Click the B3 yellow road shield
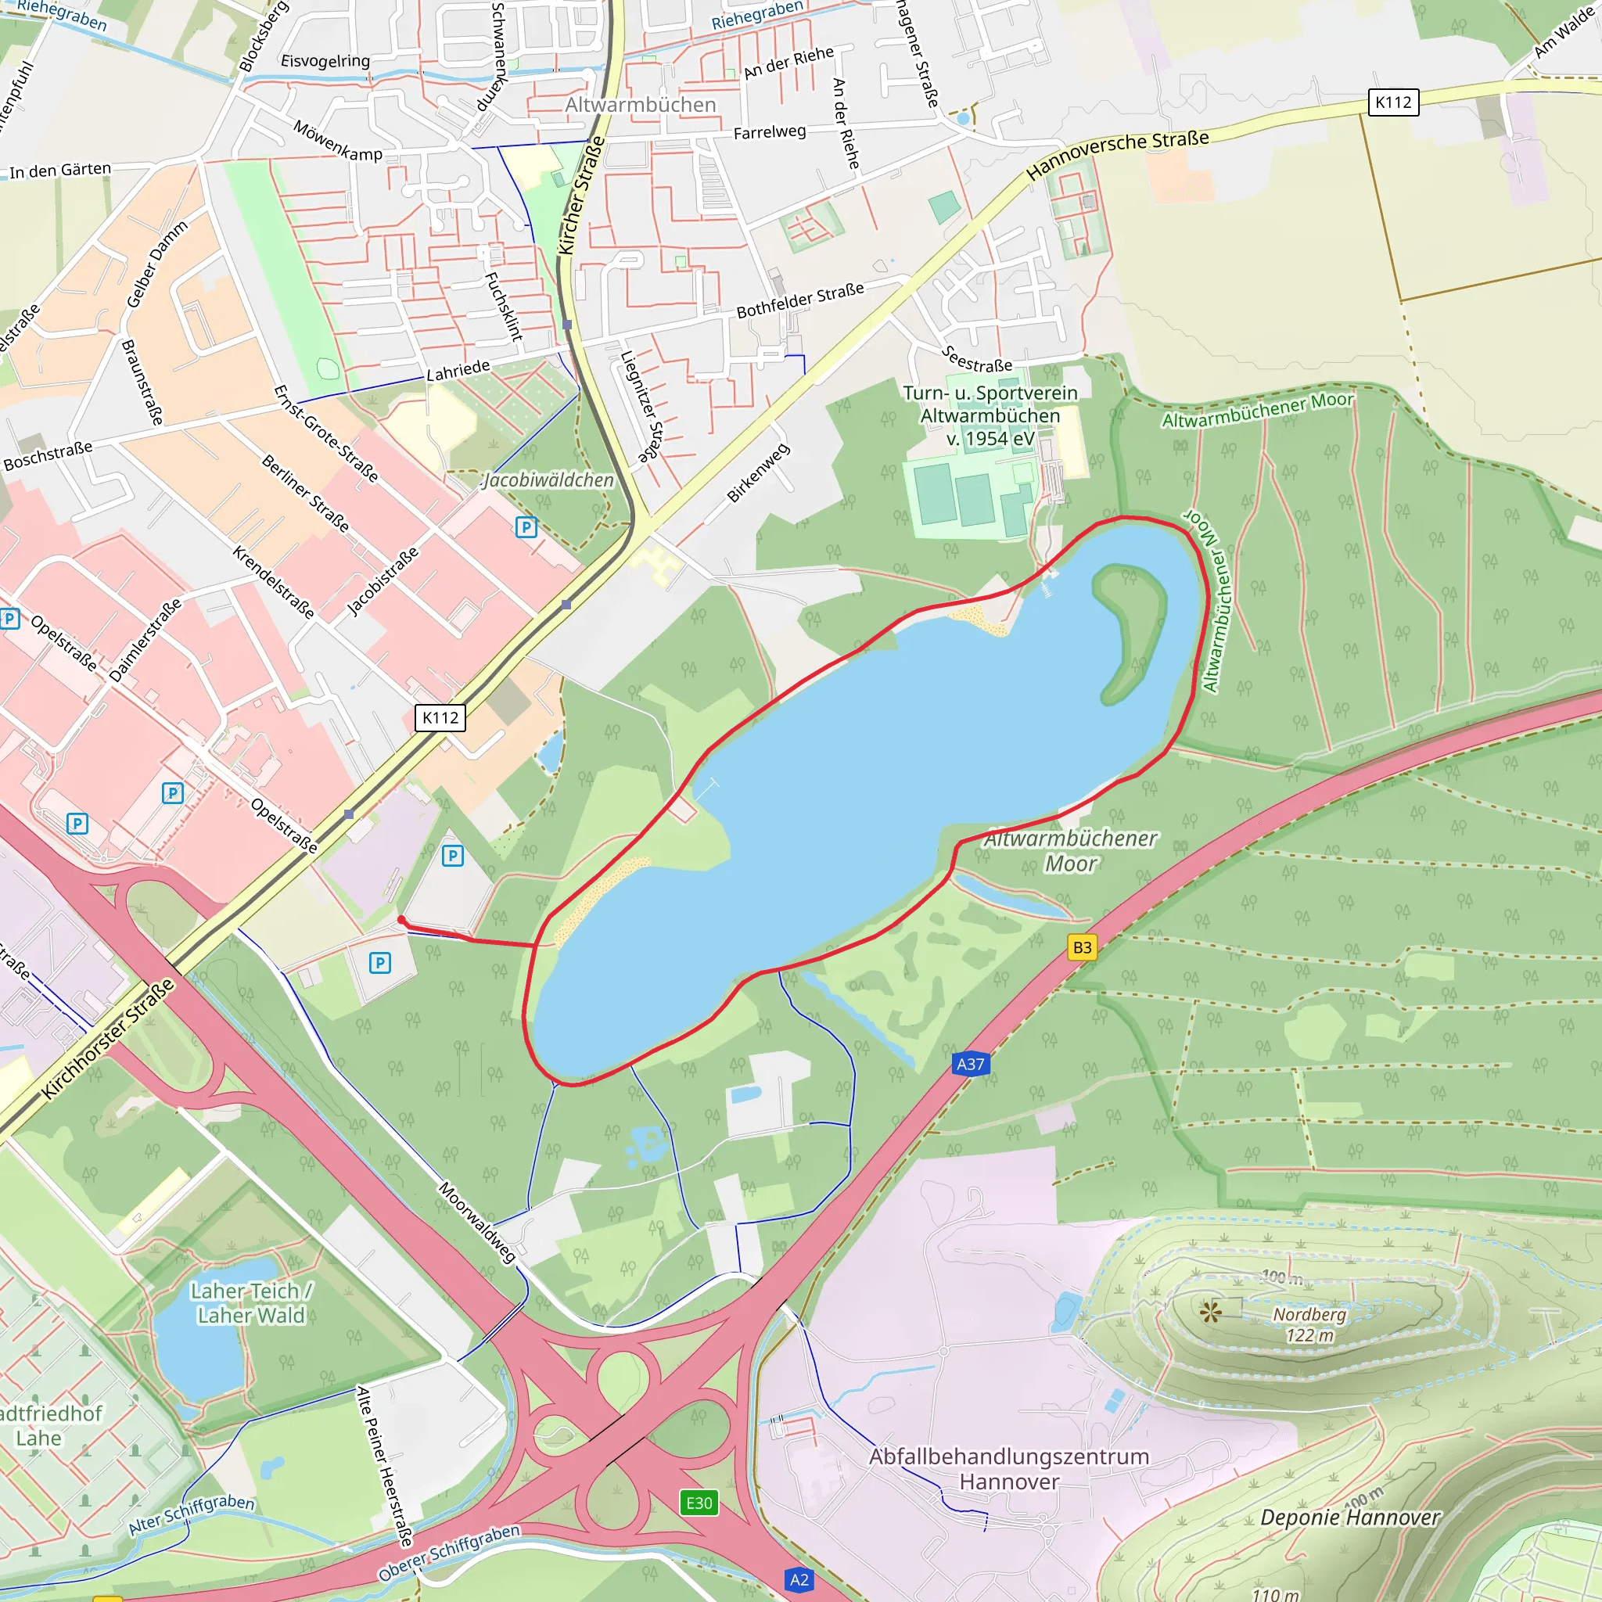[x=1082, y=947]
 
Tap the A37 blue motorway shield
[x=970, y=1064]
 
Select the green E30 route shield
[x=699, y=1503]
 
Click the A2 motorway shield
[x=799, y=1579]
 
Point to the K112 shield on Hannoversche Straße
[x=1393, y=102]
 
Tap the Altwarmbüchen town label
[x=640, y=106]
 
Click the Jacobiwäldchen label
[x=548, y=480]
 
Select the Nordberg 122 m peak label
[x=1309, y=1324]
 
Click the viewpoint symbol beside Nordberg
[x=1211, y=1311]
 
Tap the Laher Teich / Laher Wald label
[x=251, y=1302]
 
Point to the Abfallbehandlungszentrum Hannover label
[x=1009, y=1468]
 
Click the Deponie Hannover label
[x=1349, y=1518]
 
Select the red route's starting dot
[x=401, y=920]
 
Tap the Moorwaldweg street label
[x=478, y=1223]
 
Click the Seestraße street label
[x=977, y=359]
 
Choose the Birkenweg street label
[x=758, y=472]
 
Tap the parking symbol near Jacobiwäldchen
[x=526, y=526]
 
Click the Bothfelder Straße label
[x=800, y=300]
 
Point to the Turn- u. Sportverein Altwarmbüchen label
[x=990, y=415]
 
